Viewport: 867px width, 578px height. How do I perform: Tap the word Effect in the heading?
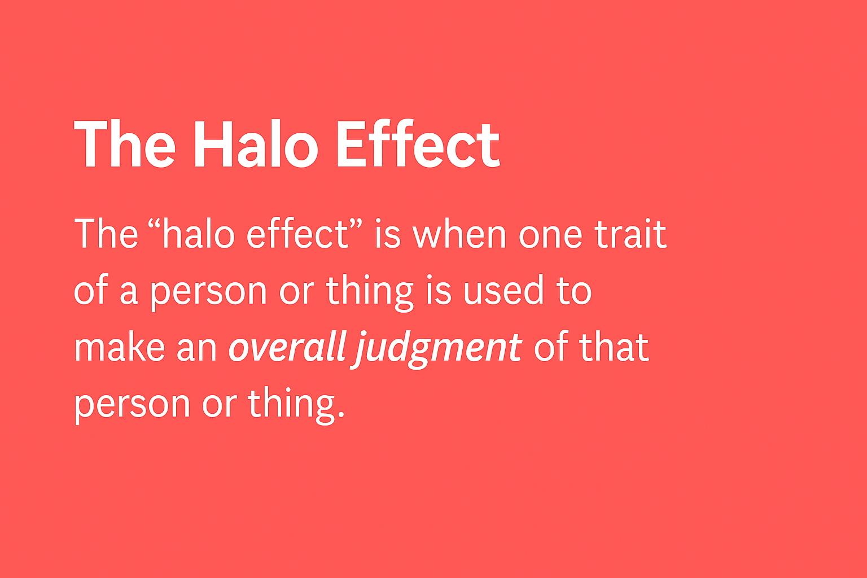tap(418, 145)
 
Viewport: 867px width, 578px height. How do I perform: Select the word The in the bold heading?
tap(125, 145)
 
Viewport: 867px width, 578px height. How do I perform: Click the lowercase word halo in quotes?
tap(198, 234)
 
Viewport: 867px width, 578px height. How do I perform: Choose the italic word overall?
tap(287, 348)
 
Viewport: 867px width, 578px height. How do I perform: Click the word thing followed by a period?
tap(291, 405)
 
